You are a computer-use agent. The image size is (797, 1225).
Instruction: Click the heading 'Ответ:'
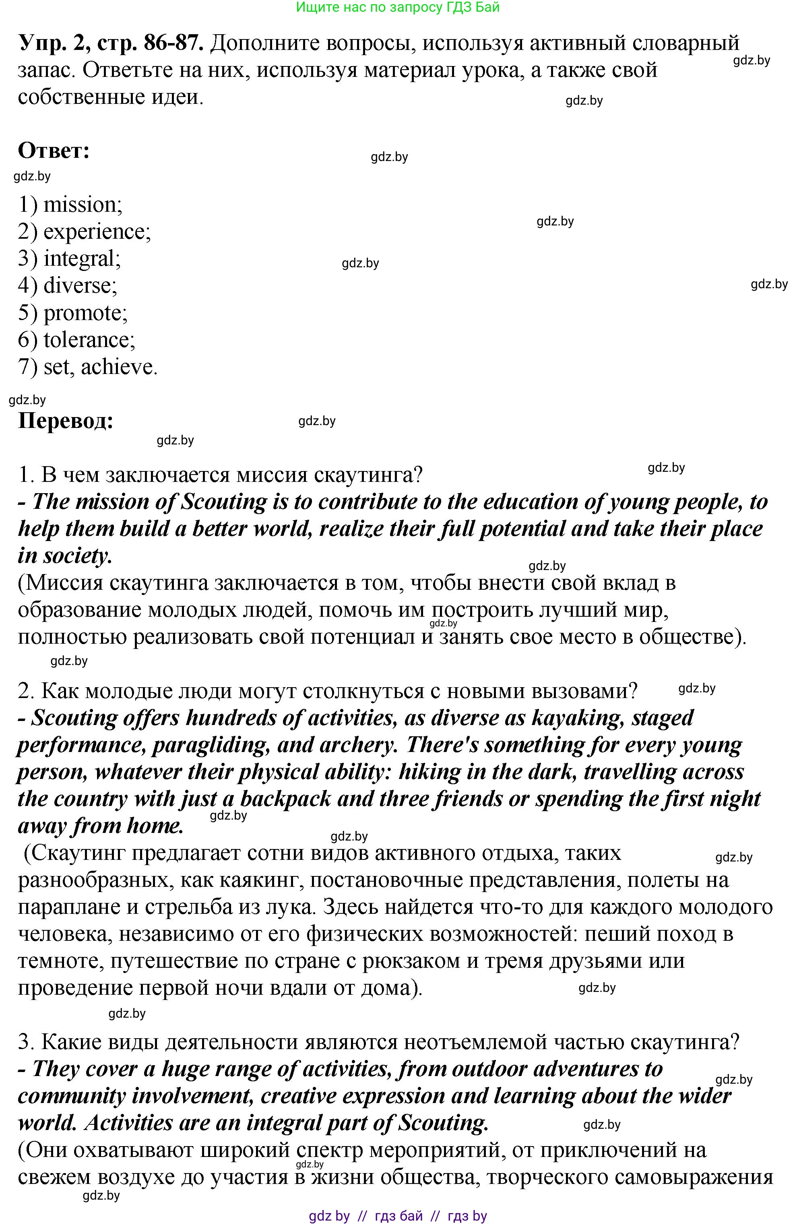pos(54,151)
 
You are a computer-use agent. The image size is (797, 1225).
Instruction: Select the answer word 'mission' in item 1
pos(81,205)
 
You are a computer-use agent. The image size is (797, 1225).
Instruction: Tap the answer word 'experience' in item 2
pos(95,231)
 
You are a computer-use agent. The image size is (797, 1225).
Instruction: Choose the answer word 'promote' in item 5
pos(83,312)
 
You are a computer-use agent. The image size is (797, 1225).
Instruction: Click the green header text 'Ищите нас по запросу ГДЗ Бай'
pos(398,7)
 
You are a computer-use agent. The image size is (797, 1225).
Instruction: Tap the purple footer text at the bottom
pos(398,1216)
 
